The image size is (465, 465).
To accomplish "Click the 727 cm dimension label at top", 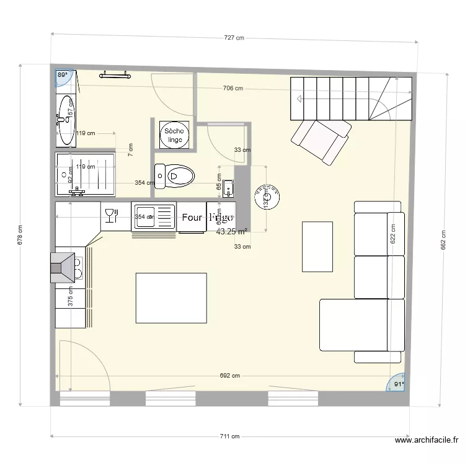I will (x=234, y=38).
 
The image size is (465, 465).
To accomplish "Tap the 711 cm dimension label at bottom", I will (x=229, y=436).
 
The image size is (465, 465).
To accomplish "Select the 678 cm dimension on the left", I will (x=20, y=234).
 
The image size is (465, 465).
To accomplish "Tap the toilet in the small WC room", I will (x=174, y=176).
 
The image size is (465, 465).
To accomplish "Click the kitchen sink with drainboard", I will (x=154, y=217).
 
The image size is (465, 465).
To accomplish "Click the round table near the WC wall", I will (x=267, y=197).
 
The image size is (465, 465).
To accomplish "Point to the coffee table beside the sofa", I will (x=317, y=246).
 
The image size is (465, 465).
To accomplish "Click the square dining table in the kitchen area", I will (x=171, y=298).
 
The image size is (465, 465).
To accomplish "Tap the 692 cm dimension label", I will (x=229, y=376).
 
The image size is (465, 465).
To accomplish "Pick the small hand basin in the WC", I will (x=228, y=187).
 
